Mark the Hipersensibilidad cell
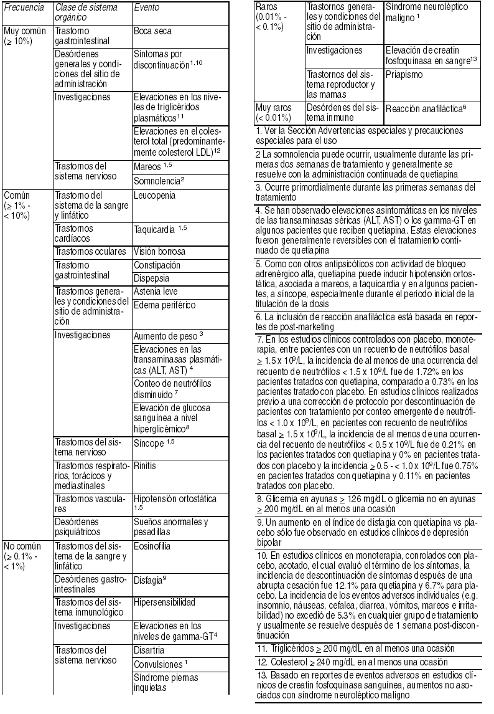click(165, 602)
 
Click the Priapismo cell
click(404, 74)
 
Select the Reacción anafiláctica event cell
click(426, 108)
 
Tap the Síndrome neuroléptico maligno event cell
click(418, 13)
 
